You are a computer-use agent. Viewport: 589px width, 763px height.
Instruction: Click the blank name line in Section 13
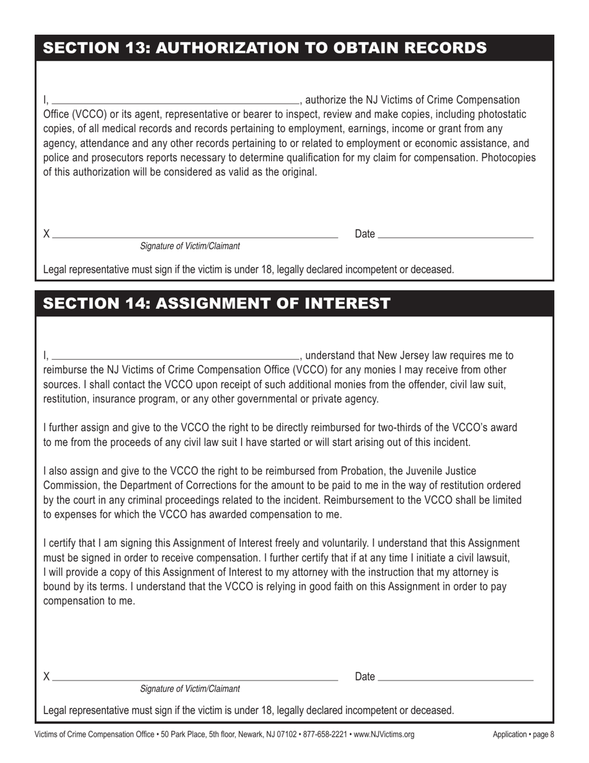[x=175, y=101]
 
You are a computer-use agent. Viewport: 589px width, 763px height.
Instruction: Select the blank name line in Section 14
[x=175, y=357]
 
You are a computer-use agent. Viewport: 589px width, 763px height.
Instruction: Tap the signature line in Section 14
[x=195, y=679]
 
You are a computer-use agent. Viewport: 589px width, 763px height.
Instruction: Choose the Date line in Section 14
[x=455, y=679]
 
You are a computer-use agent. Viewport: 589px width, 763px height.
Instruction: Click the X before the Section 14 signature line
[x=46, y=677]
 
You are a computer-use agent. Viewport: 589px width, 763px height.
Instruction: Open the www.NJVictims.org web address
[x=384, y=735]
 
